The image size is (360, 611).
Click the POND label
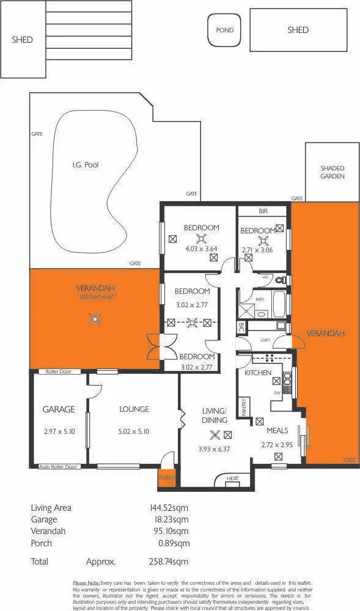[225, 30]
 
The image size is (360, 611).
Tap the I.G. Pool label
[85, 164]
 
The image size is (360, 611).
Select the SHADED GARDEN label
[332, 172]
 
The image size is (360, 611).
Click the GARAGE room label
[59, 409]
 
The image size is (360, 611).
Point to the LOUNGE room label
[133, 409]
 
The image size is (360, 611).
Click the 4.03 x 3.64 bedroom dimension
[202, 249]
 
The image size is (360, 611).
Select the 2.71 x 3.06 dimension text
[256, 251]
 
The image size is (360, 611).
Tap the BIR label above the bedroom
[263, 211]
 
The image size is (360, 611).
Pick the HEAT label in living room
[232, 478]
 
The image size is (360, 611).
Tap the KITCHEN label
[258, 373]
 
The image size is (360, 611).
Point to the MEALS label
[278, 431]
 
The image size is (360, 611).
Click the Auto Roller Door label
[59, 467]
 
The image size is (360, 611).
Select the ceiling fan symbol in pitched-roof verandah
[94, 317]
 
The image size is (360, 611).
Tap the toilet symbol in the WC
[279, 280]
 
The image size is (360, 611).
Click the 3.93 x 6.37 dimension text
[215, 450]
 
